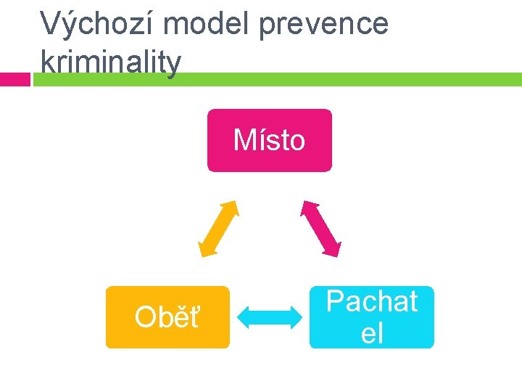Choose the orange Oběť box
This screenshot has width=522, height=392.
(167, 317)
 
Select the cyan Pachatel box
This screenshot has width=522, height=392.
(371, 317)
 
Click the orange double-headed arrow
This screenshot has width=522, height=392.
(218, 228)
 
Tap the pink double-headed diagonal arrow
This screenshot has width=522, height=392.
(320, 228)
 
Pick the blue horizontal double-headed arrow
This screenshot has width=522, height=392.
(270, 317)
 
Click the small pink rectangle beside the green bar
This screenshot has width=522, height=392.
(14, 79)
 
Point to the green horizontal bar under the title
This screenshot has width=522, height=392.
(290, 79)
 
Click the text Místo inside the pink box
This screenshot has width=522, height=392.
(269, 139)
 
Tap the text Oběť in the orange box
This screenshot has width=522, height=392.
(167, 317)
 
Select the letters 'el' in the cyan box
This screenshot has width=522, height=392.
(371, 333)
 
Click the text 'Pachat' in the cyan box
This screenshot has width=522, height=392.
(371, 301)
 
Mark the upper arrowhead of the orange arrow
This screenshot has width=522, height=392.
(232, 205)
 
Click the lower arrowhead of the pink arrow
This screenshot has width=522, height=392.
(333, 249)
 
